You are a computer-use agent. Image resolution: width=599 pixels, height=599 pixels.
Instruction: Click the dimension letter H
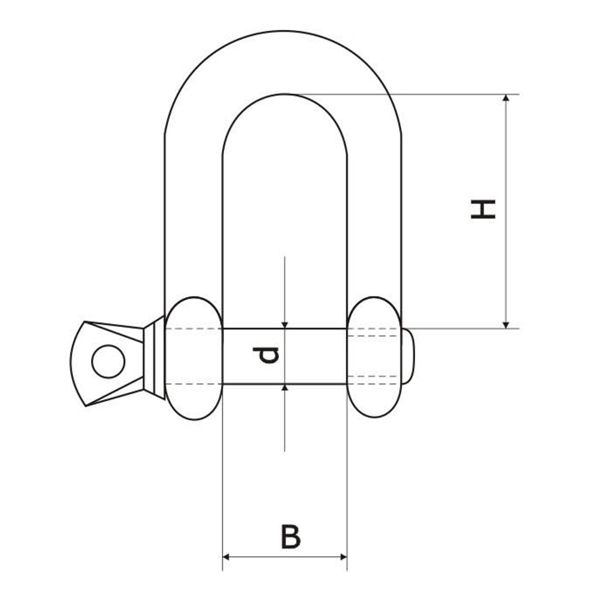tap(483, 209)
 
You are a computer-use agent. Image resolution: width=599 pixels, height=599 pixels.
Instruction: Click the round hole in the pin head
tap(108, 362)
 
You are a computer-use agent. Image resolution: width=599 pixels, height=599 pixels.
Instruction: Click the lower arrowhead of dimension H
tap(507, 323)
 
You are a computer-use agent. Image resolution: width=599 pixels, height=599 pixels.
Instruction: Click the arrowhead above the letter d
tap(285, 323)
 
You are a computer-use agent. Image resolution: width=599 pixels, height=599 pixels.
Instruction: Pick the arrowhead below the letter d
tap(285, 389)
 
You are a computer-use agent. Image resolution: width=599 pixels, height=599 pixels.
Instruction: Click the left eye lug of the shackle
tap(193, 358)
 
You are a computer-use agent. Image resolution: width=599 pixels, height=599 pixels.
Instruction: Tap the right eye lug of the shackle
tap(374, 358)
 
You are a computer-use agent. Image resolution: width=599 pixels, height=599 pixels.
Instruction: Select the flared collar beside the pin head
tap(155, 358)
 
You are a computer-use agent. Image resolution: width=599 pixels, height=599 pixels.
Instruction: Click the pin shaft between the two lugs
tap(311, 356)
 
